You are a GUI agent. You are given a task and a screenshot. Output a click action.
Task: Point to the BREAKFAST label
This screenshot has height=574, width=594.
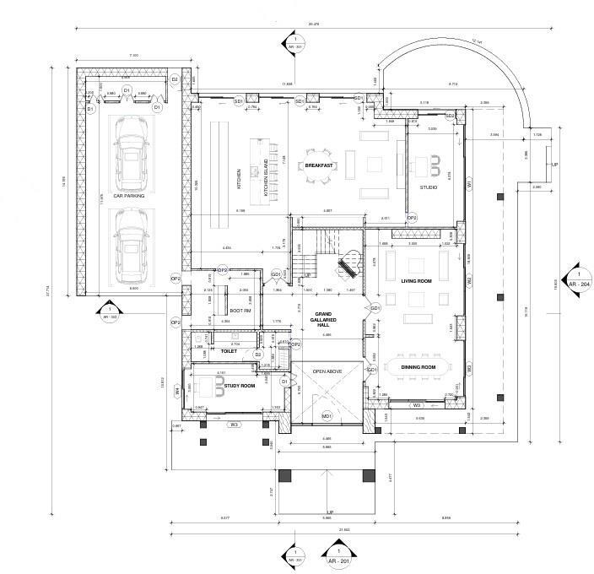[320, 165]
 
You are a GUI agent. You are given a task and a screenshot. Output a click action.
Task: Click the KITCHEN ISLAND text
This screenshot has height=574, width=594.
[267, 178]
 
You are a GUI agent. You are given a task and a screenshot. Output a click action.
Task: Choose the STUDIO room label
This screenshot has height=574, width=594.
[429, 187]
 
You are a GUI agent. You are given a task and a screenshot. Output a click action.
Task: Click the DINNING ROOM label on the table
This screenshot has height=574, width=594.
[419, 368]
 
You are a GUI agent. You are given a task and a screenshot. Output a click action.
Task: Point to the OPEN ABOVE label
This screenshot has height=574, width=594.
[328, 371]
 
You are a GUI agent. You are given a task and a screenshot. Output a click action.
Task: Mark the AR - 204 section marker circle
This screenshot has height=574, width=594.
[578, 279]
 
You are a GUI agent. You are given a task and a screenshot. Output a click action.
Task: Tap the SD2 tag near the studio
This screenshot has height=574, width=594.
[450, 116]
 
